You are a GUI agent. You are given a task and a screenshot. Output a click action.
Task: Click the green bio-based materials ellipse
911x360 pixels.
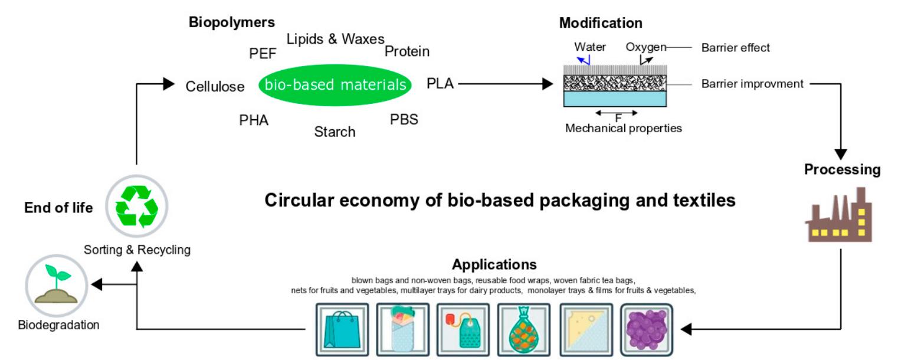coord(335,85)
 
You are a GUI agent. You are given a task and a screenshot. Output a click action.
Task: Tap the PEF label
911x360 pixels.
coord(263,54)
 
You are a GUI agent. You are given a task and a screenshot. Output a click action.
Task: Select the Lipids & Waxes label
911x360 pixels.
coord(335,39)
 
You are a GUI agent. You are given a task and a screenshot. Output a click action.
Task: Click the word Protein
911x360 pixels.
coord(407,52)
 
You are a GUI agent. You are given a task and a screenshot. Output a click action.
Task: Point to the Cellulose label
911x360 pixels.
coord(215,87)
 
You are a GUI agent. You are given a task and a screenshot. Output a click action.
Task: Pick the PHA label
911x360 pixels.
coord(254,120)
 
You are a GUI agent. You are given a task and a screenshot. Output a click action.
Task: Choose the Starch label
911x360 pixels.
coord(335,132)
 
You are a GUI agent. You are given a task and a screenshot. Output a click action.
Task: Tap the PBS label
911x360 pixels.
coord(404,119)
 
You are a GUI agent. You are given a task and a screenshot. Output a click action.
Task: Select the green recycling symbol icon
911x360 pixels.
coord(137,206)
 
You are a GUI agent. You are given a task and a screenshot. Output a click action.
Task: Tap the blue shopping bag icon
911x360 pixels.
coord(342,329)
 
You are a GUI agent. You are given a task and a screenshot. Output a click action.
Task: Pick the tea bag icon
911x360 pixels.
coord(463,329)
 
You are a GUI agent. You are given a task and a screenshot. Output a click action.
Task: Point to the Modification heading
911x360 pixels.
coord(601,23)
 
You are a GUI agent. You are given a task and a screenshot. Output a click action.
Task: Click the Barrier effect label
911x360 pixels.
coord(735,48)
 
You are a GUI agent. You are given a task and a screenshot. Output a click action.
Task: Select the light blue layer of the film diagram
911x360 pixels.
coord(615,99)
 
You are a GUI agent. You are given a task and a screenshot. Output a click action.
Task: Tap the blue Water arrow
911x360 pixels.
coord(584,60)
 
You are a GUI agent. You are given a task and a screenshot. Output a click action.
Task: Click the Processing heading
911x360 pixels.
coord(842,169)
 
